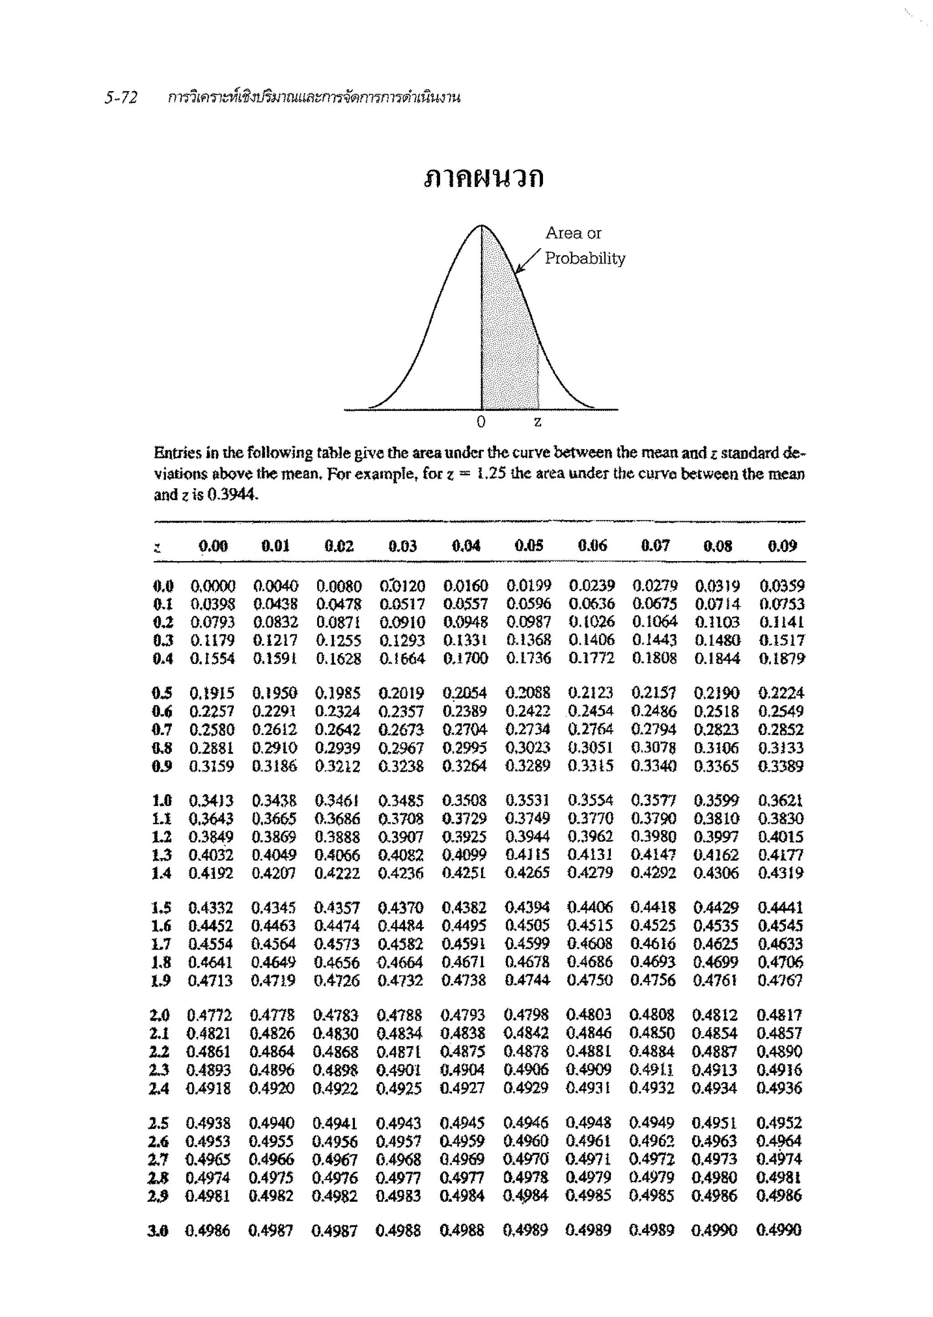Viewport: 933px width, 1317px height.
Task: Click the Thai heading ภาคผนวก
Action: pyautogui.click(x=484, y=179)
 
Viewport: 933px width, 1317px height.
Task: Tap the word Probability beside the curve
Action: pyautogui.click(x=584, y=259)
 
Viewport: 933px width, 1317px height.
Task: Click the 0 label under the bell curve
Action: pyautogui.click(x=481, y=422)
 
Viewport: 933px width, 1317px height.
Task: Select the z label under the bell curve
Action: pyautogui.click(x=537, y=422)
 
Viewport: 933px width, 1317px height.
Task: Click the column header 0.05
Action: pyautogui.click(x=528, y=545)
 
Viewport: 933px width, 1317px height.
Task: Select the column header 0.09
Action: pyautogui.click(x=782, y=546)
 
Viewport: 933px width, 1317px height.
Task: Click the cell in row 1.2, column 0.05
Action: pyautogui.click(x=528, y=837)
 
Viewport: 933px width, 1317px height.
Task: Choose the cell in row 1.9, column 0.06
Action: pyautogui.click(x=590, y=980)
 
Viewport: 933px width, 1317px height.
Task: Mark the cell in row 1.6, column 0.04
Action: pyautogui.click(x=464, y=926)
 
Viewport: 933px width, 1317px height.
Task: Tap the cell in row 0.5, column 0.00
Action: pyautogui.click(x=211, y=693)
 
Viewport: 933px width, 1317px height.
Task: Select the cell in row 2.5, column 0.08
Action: pyautogui.click(x=714, y=1123)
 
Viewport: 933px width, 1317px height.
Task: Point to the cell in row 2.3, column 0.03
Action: pyautogui.click(x=399, y=1070)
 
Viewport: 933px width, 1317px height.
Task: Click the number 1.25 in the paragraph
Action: pyautogui.click(x=492, y=475)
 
